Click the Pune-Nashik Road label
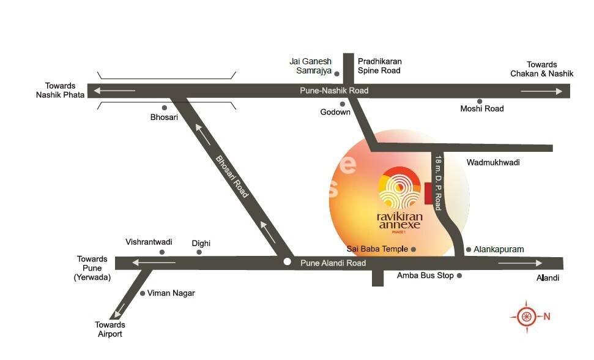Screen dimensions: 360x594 334,91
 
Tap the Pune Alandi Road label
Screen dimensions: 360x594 333,263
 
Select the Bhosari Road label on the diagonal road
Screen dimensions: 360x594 232,176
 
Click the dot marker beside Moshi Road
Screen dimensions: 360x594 480,102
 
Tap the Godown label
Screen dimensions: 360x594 336,113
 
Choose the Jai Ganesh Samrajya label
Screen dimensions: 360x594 310,66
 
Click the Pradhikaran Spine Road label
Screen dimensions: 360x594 379,66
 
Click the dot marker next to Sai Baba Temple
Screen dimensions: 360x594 414,250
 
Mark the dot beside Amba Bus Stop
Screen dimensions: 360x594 459,276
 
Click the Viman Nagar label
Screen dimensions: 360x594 171,293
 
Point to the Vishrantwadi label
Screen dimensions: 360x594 149,242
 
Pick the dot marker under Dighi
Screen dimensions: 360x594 199,252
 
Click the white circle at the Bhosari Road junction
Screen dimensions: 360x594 287,262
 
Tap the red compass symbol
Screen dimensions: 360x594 525,317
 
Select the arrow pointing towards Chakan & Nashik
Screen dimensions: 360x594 542,91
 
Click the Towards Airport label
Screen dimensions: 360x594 110,329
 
